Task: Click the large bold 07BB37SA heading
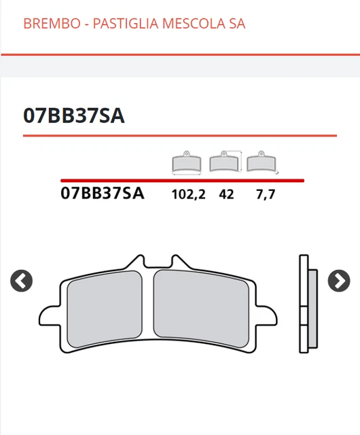point(73,116)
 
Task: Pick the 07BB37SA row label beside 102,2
point(102,193)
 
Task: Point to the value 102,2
point(188,194)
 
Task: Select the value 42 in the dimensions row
point(226,194)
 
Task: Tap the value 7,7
point(265,194)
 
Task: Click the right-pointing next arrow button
point(338,280)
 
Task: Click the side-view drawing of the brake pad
point(307,304)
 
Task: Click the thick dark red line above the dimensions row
point(182,181)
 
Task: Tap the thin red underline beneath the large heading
point(179,135)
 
